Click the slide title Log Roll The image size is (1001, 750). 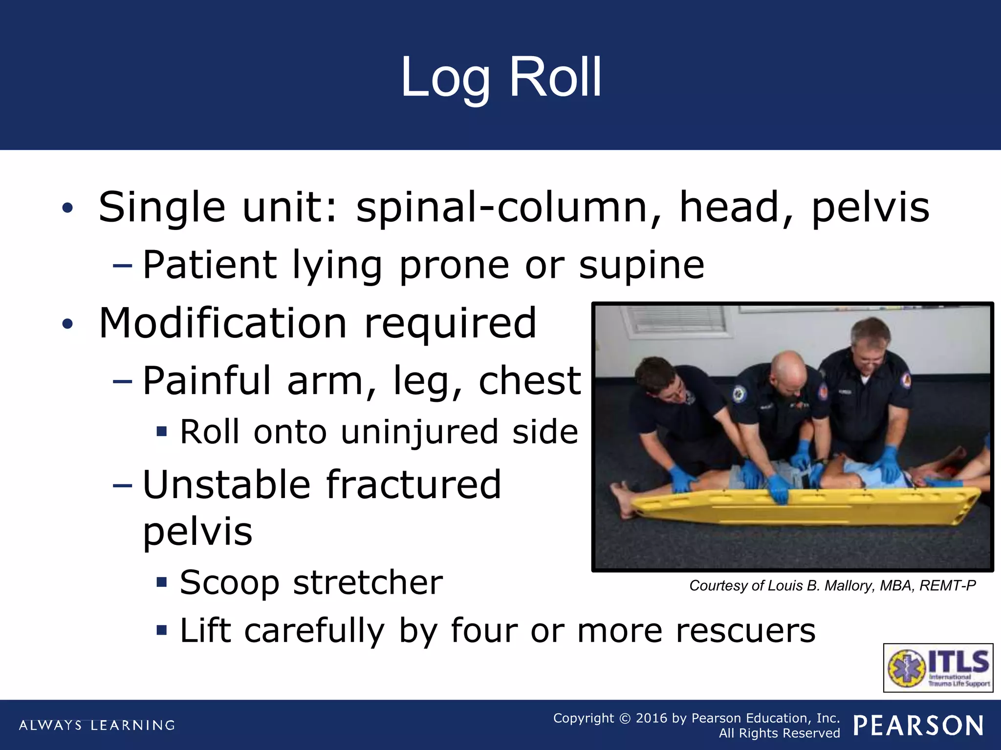tap(500, 77)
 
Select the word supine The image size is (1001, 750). tap(641, 265)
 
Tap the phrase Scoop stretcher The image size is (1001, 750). tap(311, 583)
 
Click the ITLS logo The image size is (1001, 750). tap(938, 667)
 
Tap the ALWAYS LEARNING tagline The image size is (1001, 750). tap(97, 725)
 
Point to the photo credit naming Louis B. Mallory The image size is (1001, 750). tap(832, 585)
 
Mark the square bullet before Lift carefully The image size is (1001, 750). tap(162, 630)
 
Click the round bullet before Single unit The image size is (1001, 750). tap(67, 208)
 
